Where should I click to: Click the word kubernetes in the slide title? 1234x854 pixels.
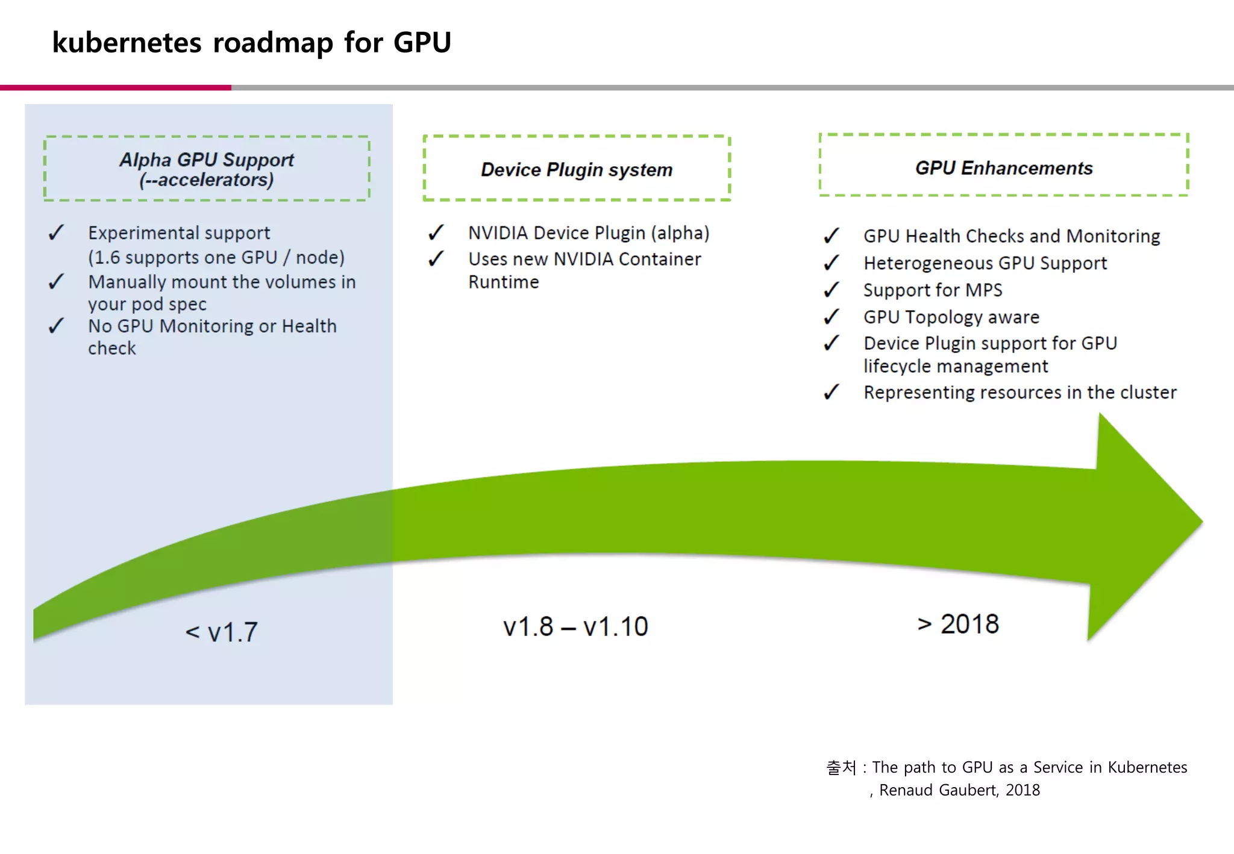[x=127, y=43]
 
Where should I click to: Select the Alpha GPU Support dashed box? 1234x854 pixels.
[x=207, y=169]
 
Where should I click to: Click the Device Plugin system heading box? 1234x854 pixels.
[x=577, y=169]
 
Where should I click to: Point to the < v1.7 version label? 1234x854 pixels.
[x=222, y=632]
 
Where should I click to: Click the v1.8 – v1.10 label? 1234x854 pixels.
[x=575, y=626]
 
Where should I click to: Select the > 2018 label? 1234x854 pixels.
[x=958, y=624]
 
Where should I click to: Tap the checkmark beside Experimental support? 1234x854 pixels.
[x=56, y=232]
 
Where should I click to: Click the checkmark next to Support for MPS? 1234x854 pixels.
[x=832, y=290]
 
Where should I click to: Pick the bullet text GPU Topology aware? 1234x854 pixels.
[x=951, y=317]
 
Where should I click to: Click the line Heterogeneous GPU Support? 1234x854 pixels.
[x=985, y=263]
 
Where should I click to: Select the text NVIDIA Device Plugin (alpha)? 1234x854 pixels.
[x=589, y=233]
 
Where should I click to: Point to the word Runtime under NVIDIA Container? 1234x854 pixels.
[x=504, y=282]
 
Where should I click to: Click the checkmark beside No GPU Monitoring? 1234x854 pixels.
[x=56, y=326]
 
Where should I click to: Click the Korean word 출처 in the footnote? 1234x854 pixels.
[x=841, y=767]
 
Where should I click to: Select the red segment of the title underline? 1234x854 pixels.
[x=115, y=88]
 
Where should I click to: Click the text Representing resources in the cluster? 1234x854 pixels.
[x=1019, y=392]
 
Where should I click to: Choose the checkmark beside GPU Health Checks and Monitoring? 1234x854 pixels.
[x=832, y=235]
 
